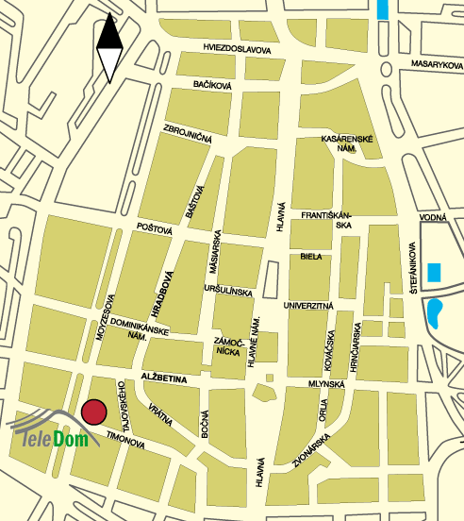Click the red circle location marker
tap(93, 412)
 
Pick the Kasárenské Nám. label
tap(349, 144)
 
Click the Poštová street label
tap(155, 228)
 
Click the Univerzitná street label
tap(309, 307)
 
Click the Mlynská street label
tap(327, 384)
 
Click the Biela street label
tap(311, 256)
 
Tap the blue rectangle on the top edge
tap(381, 9)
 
